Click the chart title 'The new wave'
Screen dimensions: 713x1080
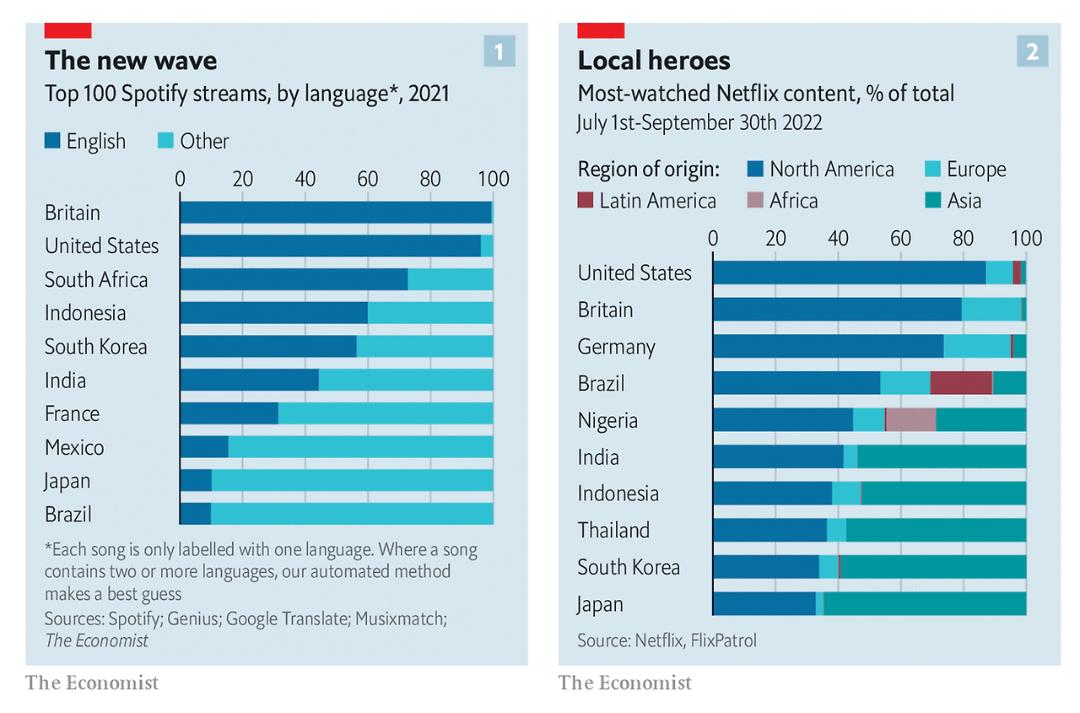point(131,61)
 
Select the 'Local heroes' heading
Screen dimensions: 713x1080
point(654,61)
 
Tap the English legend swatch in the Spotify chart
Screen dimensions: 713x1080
point(52,141)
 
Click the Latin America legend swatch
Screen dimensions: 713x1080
point(586,201)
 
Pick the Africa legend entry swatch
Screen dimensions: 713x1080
point(756,201)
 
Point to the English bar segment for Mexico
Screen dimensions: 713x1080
point(204,447)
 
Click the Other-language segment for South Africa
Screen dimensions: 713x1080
point(450,279)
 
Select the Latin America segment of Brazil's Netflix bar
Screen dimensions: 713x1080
point(961,383)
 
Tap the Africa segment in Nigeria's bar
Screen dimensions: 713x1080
point(910,420)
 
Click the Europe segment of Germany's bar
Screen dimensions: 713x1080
point(976,347)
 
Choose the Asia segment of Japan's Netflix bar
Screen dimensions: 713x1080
point(925,604)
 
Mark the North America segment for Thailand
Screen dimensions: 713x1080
point(769,531)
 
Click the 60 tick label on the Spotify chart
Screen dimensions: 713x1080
point(367,179)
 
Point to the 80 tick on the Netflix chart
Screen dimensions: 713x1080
point(964,238)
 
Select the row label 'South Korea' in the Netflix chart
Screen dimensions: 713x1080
point(629,567)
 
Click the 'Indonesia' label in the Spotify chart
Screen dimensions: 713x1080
point(85,313)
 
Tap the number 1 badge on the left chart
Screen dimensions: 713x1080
point(499,53)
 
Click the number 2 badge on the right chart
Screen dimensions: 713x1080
point(1032,53)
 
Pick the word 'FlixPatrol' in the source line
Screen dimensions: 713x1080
point(723,640)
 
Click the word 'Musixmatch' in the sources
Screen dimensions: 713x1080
point(398,618)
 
